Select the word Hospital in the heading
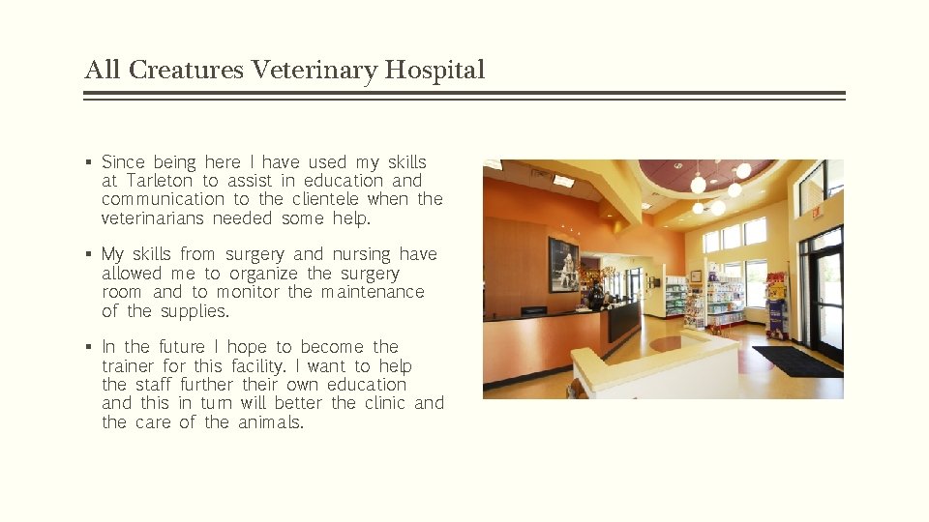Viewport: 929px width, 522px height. tap(435, 71)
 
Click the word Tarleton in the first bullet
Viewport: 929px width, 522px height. tap(160, 181)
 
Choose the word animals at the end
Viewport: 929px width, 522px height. tap(270, 422)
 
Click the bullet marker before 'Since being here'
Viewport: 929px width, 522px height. tap(88, 163)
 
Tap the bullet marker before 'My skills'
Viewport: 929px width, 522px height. tap(88, 255)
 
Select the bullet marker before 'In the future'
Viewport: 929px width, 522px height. tap(88, 348)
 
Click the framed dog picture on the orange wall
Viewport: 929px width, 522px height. tap(563, 264)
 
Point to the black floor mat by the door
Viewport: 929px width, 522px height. tap(796, 361)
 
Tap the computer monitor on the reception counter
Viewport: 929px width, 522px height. tap(533, 311)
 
